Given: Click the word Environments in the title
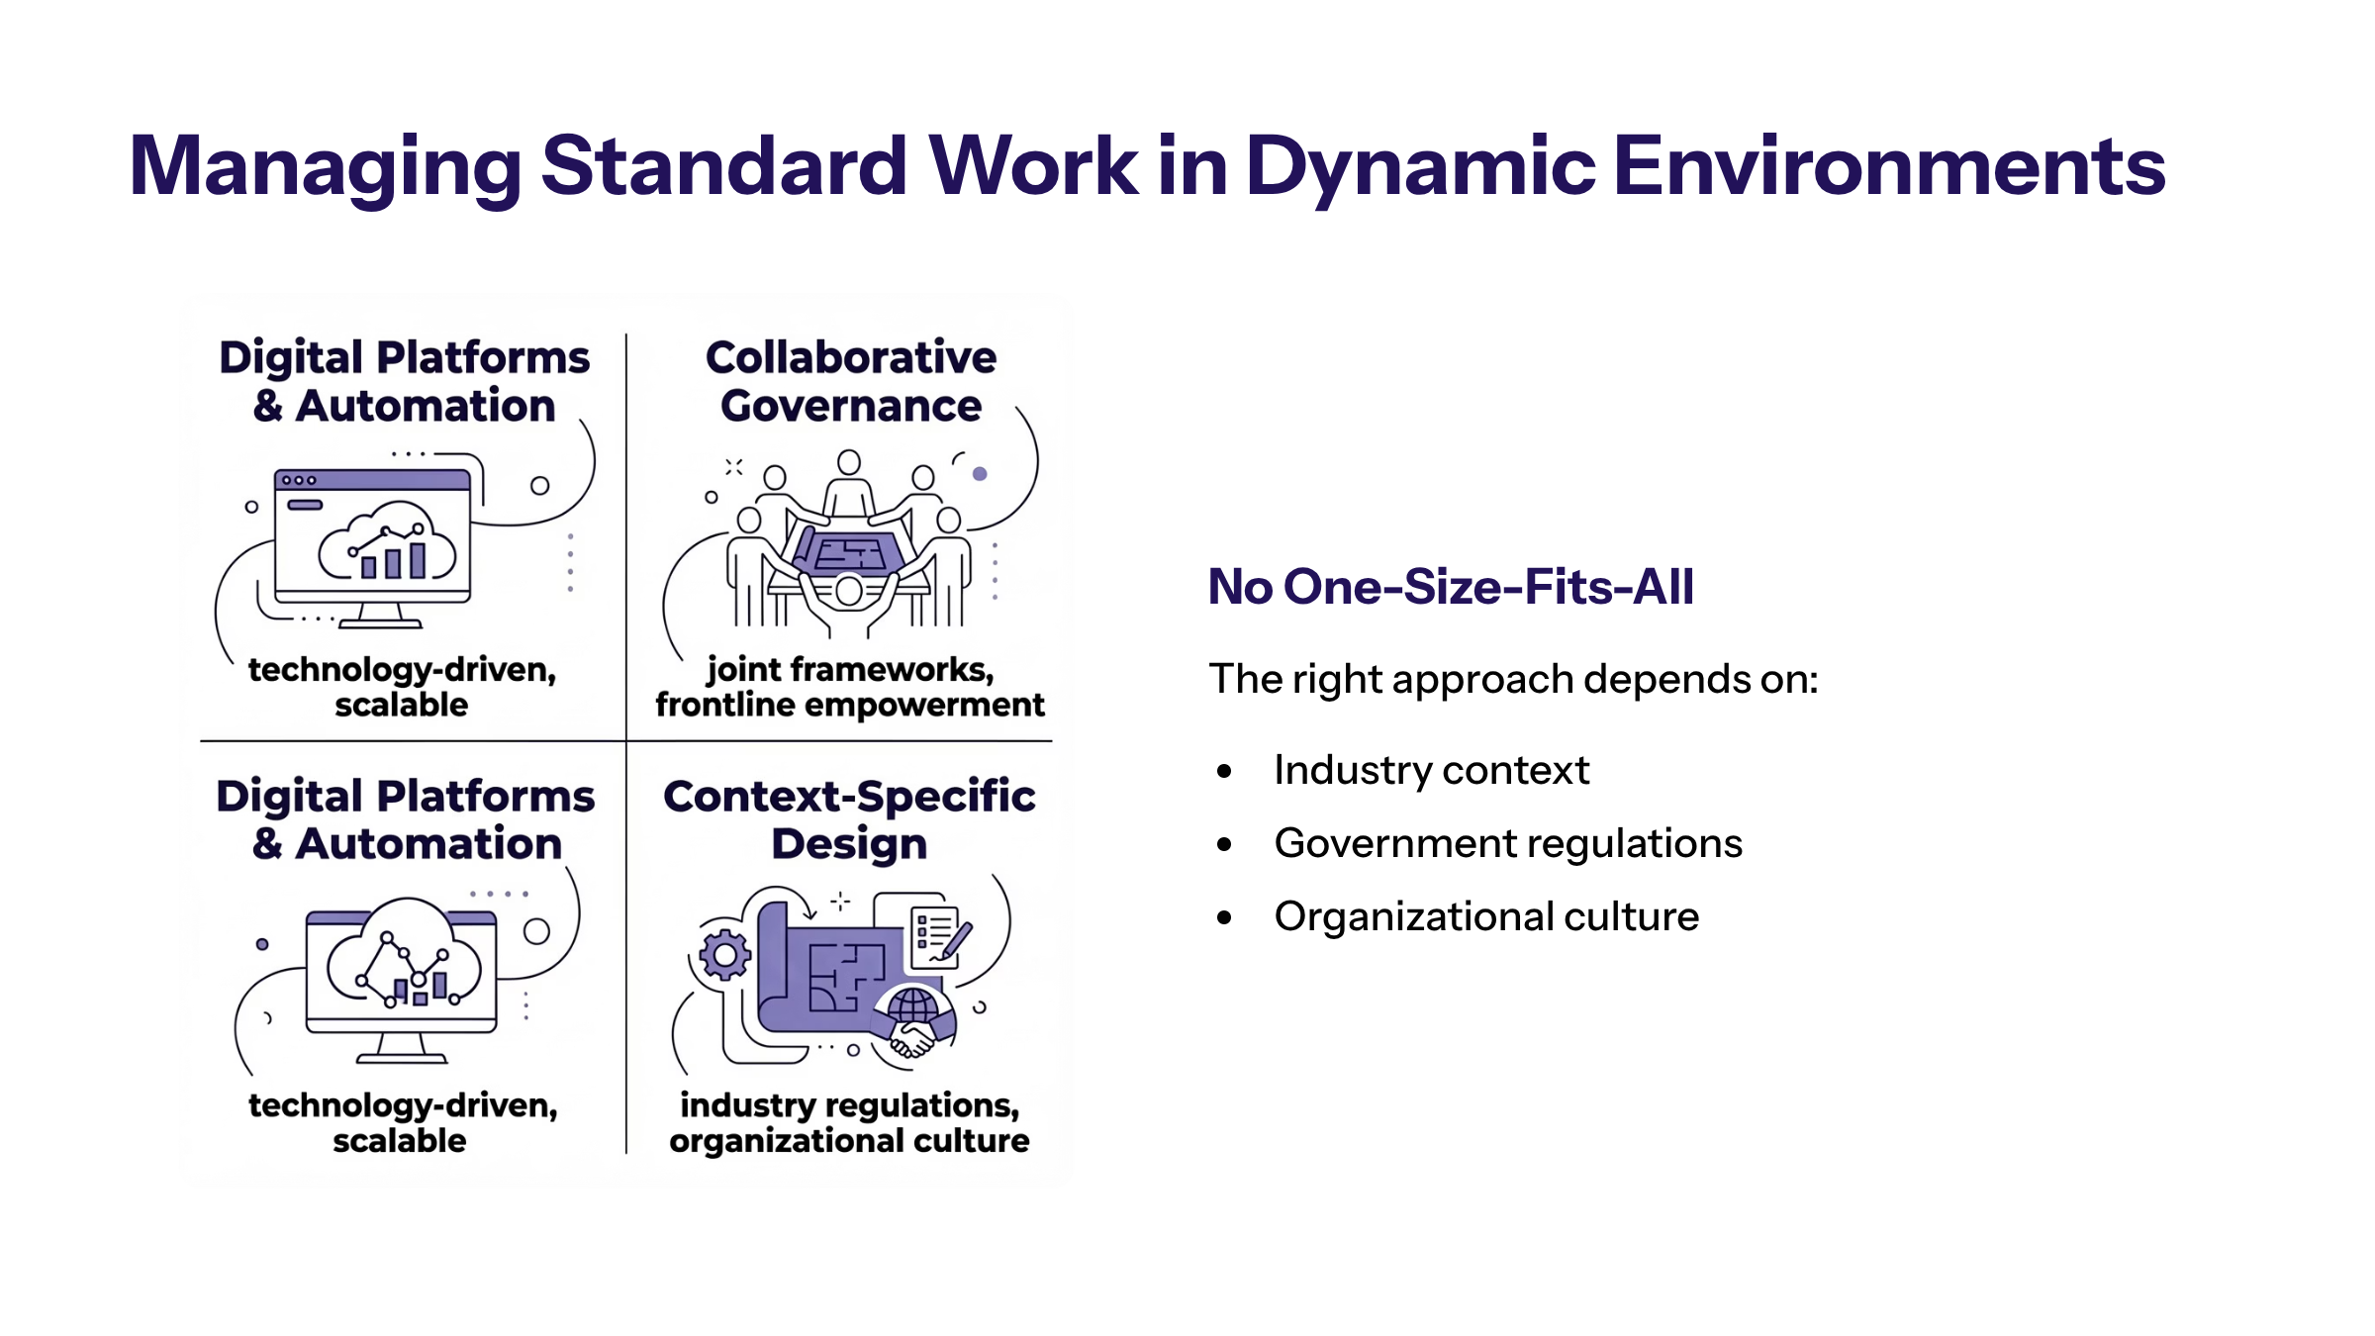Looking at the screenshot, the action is tap(1889, 165).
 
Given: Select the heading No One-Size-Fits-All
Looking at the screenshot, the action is tap(1451, 587).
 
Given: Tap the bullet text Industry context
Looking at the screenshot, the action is tap(1431, 770).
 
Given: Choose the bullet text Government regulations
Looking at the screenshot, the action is tap(1508, 844).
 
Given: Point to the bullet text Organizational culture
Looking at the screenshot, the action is tap(1486, 917).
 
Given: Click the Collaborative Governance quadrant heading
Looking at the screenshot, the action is tap(851, 381).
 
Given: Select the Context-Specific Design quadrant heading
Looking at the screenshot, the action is tap(849, 820).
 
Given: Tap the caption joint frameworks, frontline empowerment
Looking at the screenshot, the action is tap(849, 687).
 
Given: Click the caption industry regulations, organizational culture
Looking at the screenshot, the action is tap(849, 1123).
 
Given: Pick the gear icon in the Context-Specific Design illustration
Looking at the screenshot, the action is tap(724, 955).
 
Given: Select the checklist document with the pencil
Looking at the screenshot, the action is tap(935, 932).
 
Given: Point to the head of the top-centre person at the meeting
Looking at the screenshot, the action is tap(849, 461).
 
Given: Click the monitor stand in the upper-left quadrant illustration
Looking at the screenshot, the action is tap(381, 617).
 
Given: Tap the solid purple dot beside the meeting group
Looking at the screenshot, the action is tap(980, 474).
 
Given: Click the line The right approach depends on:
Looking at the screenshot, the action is tap(1513, 680).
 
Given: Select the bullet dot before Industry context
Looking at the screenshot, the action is tap(1225, 771).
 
